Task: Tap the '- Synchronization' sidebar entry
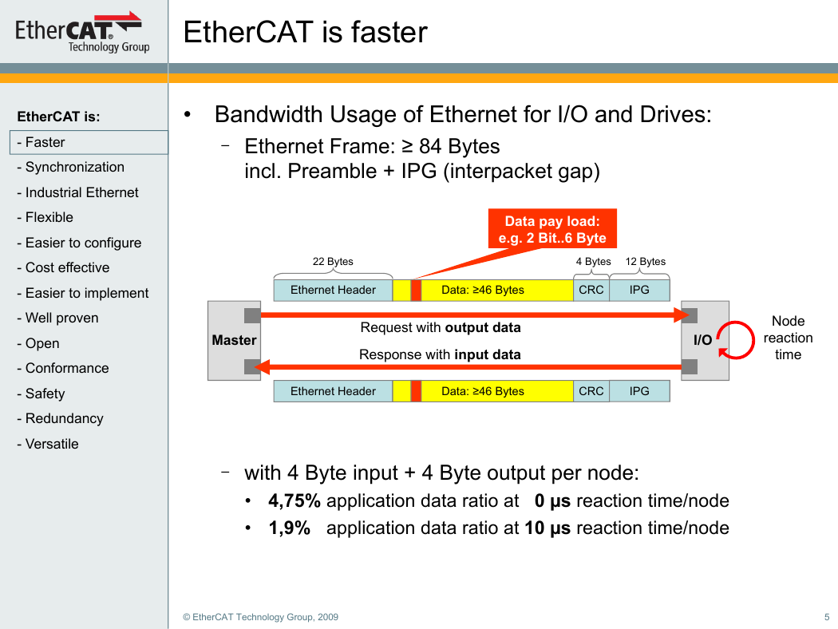70,168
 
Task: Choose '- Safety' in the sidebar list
41,394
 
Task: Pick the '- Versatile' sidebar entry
48,444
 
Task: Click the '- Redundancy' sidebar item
60,418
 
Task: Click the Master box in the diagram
234,340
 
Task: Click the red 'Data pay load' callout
552,229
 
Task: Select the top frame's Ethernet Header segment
333,291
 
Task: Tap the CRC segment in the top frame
591,291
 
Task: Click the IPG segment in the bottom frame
639,391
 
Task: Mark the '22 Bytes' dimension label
333,261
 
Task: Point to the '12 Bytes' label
646,261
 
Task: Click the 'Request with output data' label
441,327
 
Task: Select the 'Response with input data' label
440,355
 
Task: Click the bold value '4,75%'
294,501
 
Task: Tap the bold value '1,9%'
289,528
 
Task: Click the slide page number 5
827,617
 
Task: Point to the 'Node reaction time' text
789,338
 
